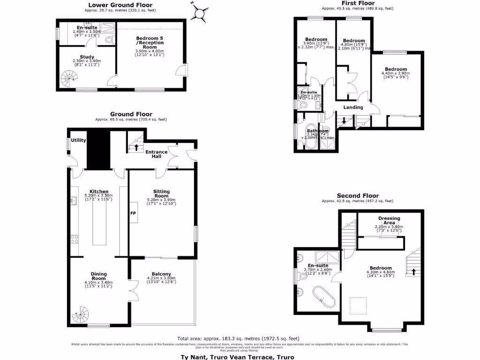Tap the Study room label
click(x=87, y=57)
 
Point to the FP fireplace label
click(x=133, y=213)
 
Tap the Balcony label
click(x=161, y=274)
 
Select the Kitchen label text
click(x=99, y=191)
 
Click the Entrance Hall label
click(x=157, y=154)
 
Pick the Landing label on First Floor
click(x=353, y=107)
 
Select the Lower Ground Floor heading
click(x=120, y=5)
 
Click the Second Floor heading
click(x=358, y=195)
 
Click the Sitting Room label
click(x=161, y=194)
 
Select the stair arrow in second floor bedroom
click(x=413, y=271)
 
